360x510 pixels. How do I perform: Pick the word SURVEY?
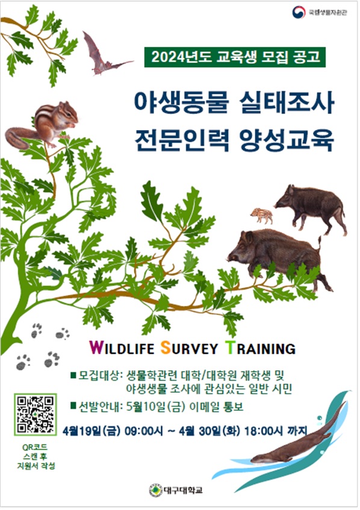191,348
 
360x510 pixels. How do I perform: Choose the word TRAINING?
259,348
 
